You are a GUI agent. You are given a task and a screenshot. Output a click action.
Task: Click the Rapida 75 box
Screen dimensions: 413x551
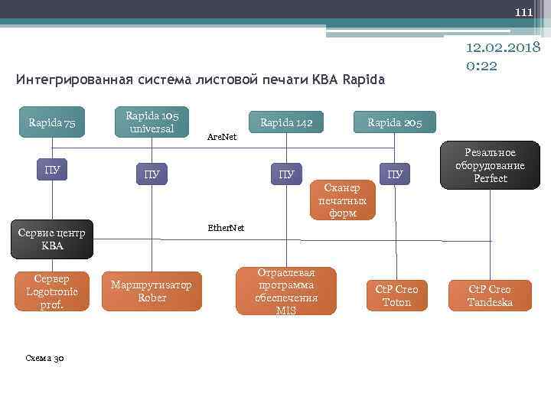(x=52, y=122)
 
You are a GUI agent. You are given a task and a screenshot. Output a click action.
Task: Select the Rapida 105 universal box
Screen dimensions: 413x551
(x=152, y=122)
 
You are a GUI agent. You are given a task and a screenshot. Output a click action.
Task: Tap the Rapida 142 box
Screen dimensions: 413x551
(x=286, y=122)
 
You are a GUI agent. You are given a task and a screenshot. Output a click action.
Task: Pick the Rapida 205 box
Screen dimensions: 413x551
(x=395, y=122)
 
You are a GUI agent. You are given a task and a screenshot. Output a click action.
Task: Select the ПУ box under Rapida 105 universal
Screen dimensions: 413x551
(x=152, y=174)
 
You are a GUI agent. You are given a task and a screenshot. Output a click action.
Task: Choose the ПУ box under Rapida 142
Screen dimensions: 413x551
(x=286, y=174)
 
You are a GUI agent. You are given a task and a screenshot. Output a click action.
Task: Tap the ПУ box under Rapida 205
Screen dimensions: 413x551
(x=395, y=174)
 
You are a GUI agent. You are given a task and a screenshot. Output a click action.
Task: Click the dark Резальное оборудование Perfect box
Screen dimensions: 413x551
(x=490, y=166)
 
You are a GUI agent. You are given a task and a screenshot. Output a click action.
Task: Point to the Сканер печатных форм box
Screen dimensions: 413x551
(x=343, y=200)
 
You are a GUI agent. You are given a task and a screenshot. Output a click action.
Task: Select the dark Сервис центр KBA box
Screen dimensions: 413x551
(x=53, y=239)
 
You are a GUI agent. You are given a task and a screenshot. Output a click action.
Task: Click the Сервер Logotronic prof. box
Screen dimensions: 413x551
(x=52, y=291)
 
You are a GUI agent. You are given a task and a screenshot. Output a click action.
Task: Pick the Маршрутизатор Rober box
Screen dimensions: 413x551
(x=152, y=291)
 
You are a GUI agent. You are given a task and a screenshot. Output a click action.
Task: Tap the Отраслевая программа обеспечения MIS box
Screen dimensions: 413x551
(x=286, y=291)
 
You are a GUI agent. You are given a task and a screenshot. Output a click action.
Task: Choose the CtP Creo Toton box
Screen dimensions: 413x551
(x=396, y=295)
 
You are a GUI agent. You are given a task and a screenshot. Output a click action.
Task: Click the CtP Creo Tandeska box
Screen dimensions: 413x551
(x=490, y=295)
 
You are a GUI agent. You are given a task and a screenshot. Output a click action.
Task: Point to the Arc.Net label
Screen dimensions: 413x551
(x=223, y=138)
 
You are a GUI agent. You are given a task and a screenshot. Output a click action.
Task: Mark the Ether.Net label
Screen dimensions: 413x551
(x=226, y=228)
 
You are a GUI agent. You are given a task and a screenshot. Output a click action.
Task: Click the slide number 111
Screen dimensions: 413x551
(x=523, y=12)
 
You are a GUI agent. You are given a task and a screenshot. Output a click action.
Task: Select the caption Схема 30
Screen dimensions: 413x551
(x=44, y=357)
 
